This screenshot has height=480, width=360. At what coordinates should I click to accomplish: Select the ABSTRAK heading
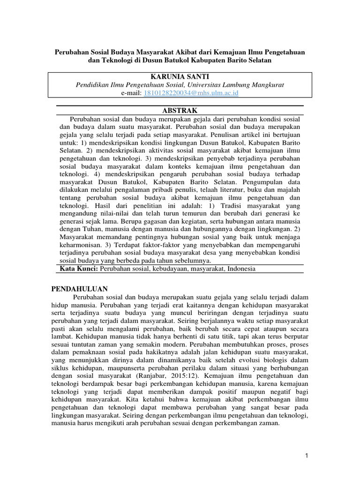(x=180, y=110)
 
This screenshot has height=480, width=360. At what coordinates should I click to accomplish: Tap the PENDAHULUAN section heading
(x=79, y=289)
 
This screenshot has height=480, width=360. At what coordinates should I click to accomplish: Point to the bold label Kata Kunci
(x=78, y=269)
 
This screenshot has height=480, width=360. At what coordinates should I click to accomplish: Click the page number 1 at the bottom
(x=305, y=456)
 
